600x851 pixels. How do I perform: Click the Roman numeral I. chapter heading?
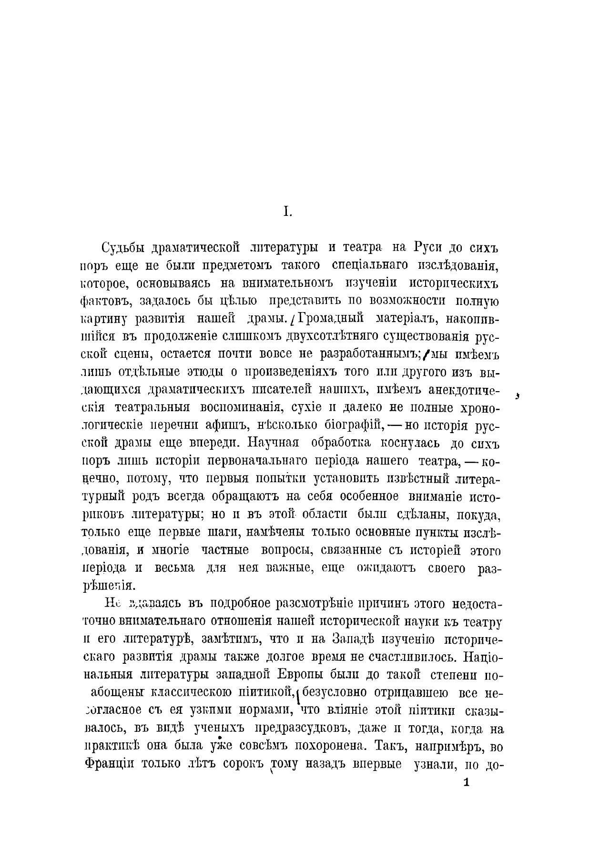tap(287, 212)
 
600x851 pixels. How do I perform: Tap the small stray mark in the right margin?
tap(518, 395)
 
